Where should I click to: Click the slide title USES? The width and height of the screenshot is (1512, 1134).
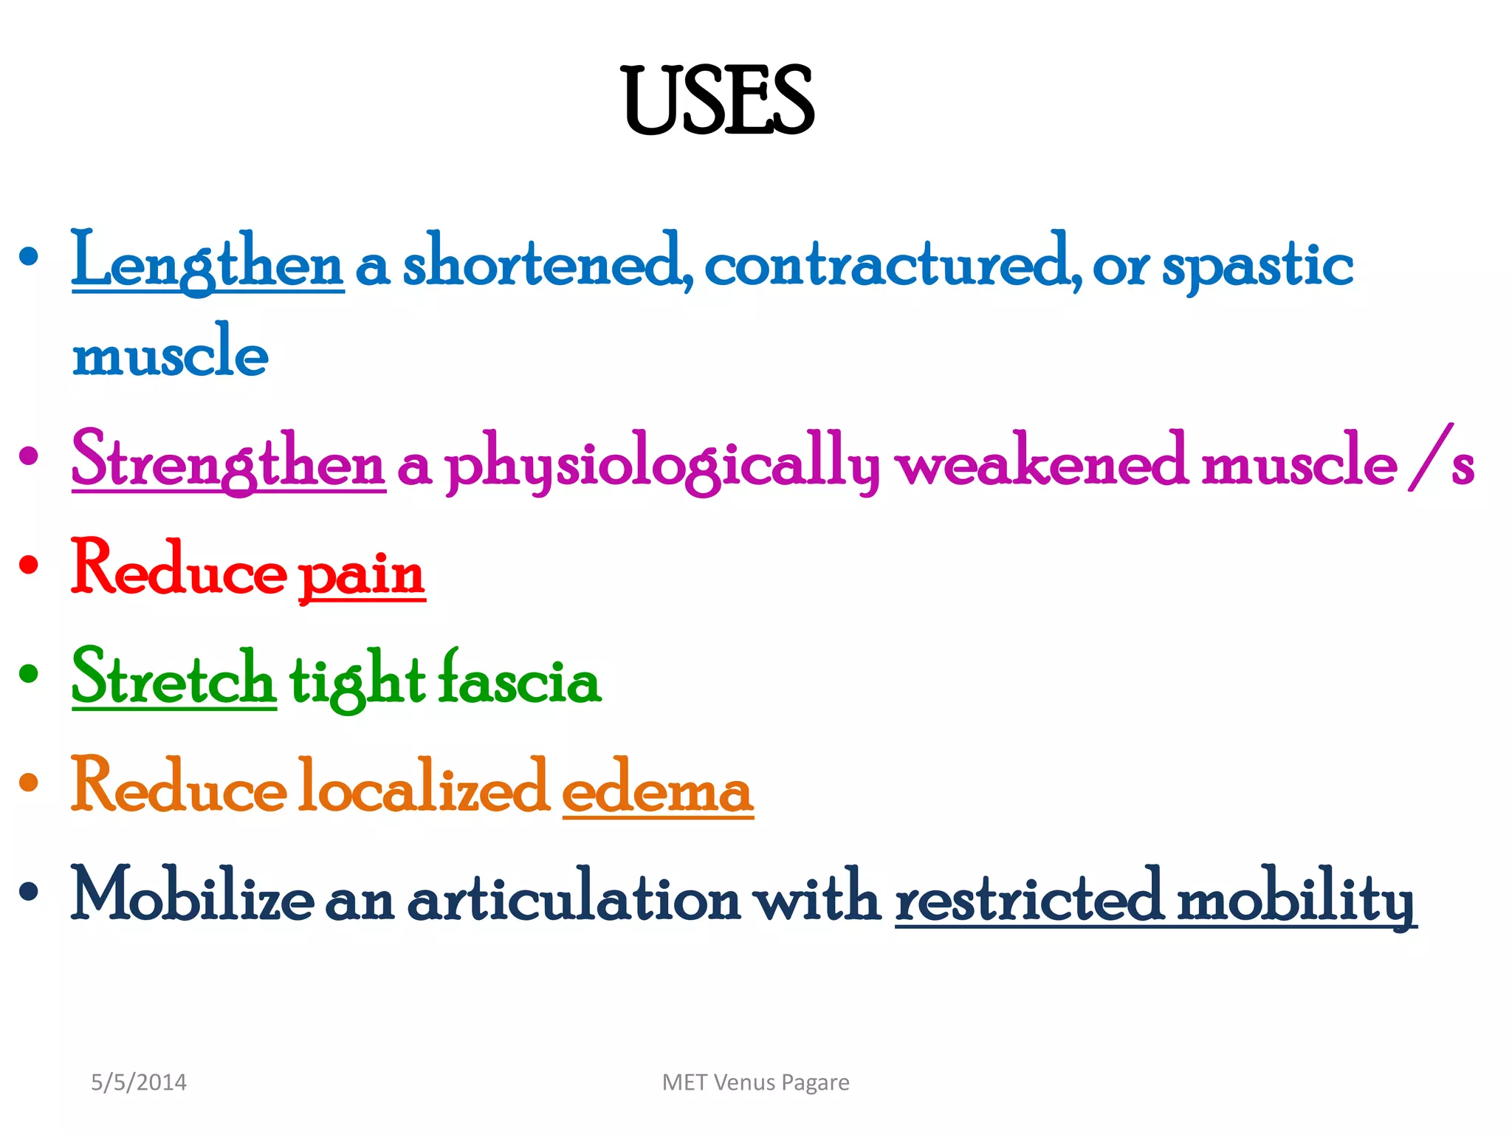[718, 101]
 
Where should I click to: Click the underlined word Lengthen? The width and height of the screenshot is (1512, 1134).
[207, 263]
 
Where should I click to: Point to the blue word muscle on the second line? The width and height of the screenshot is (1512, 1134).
[170, 353]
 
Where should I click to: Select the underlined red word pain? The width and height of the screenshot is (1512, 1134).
[362, 573]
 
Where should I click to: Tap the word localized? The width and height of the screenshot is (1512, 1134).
[424, 787]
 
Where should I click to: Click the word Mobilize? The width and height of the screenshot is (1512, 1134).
[192, 896]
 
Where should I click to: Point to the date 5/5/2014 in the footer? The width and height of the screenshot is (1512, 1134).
[139, 1082]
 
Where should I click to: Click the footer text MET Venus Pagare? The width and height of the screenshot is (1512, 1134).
[755, 1082]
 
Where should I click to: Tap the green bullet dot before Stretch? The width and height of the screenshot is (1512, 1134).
[29, 673]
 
